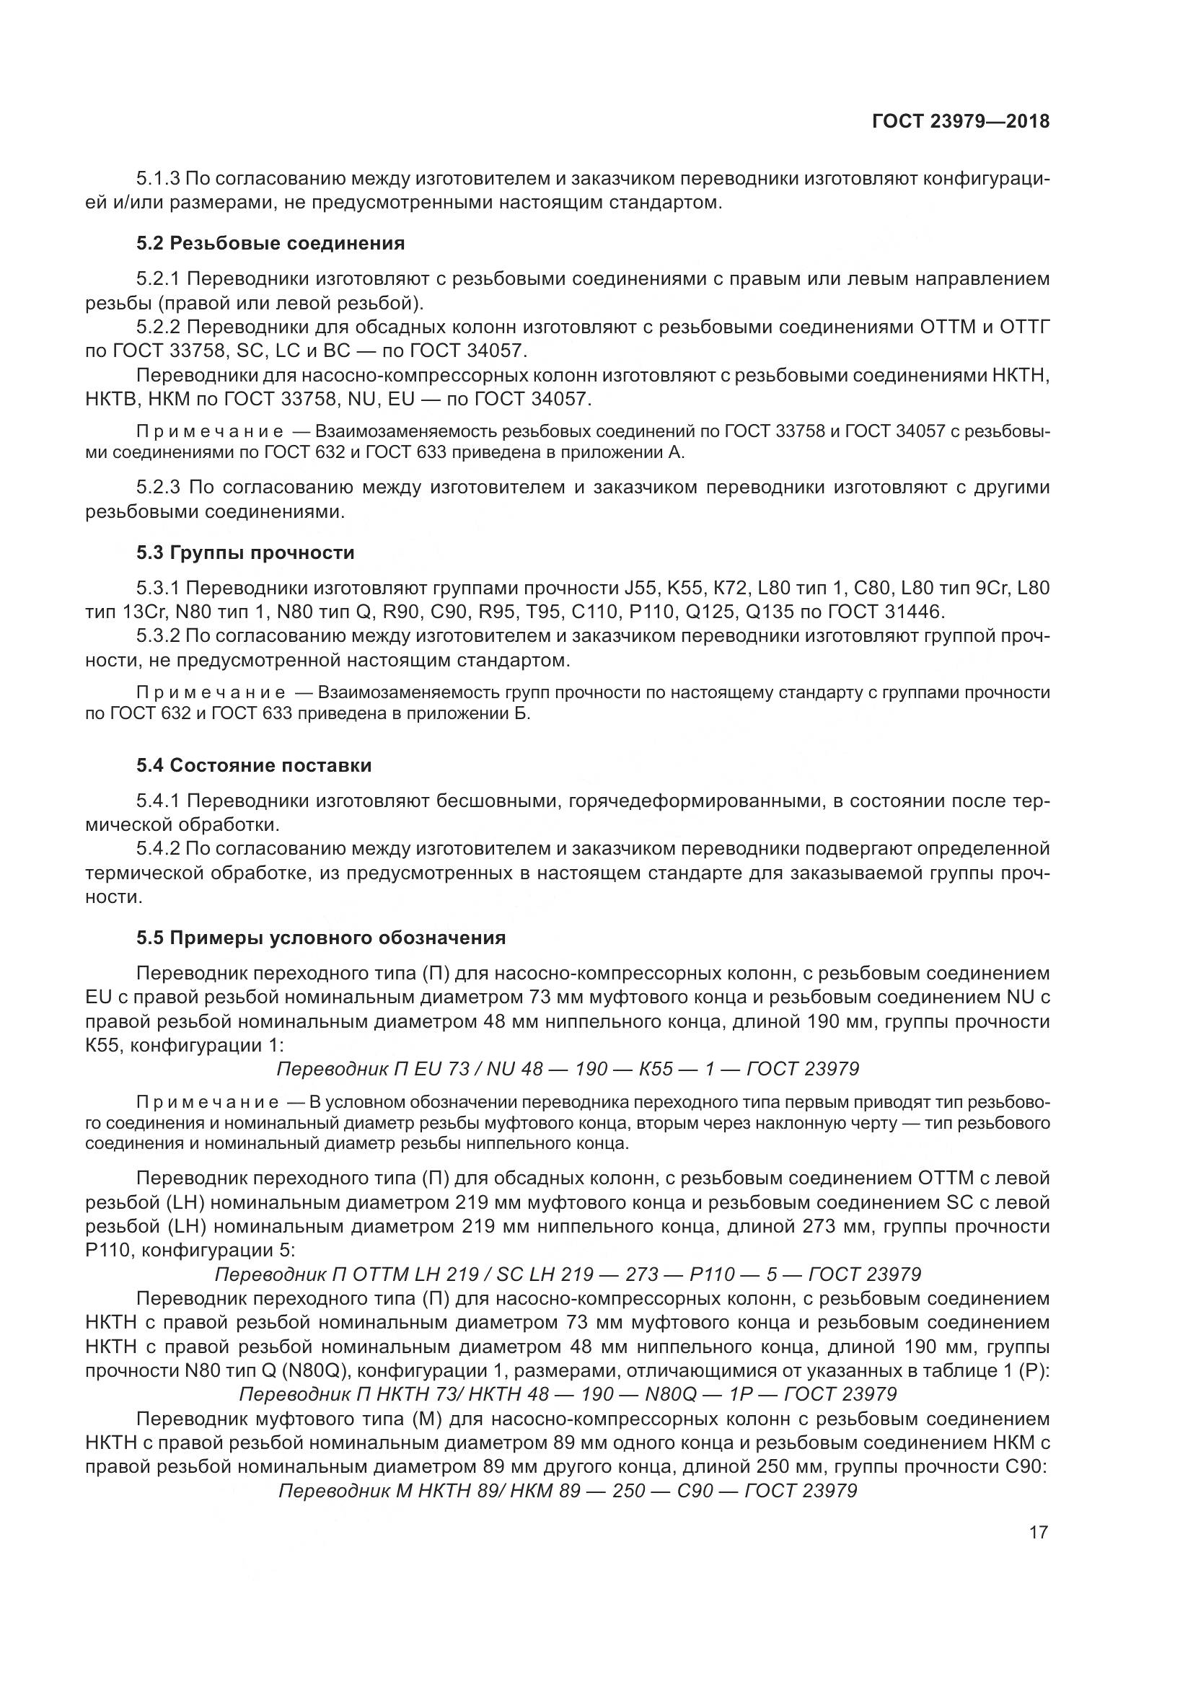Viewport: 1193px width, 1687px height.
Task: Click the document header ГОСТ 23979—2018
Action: tap(960, 121)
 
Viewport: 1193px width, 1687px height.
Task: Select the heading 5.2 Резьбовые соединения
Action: tap(270, 243)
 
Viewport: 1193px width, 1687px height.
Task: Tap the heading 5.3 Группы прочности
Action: tap(245, 552)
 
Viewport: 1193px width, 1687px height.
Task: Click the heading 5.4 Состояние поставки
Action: tap(253, 766)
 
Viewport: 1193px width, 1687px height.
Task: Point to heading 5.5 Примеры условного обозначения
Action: tap(321, 938)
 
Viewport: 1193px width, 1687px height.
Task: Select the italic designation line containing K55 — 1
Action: tap(567, 1068)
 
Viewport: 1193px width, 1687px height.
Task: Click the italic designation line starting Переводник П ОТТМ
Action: tap(567, 1273)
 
